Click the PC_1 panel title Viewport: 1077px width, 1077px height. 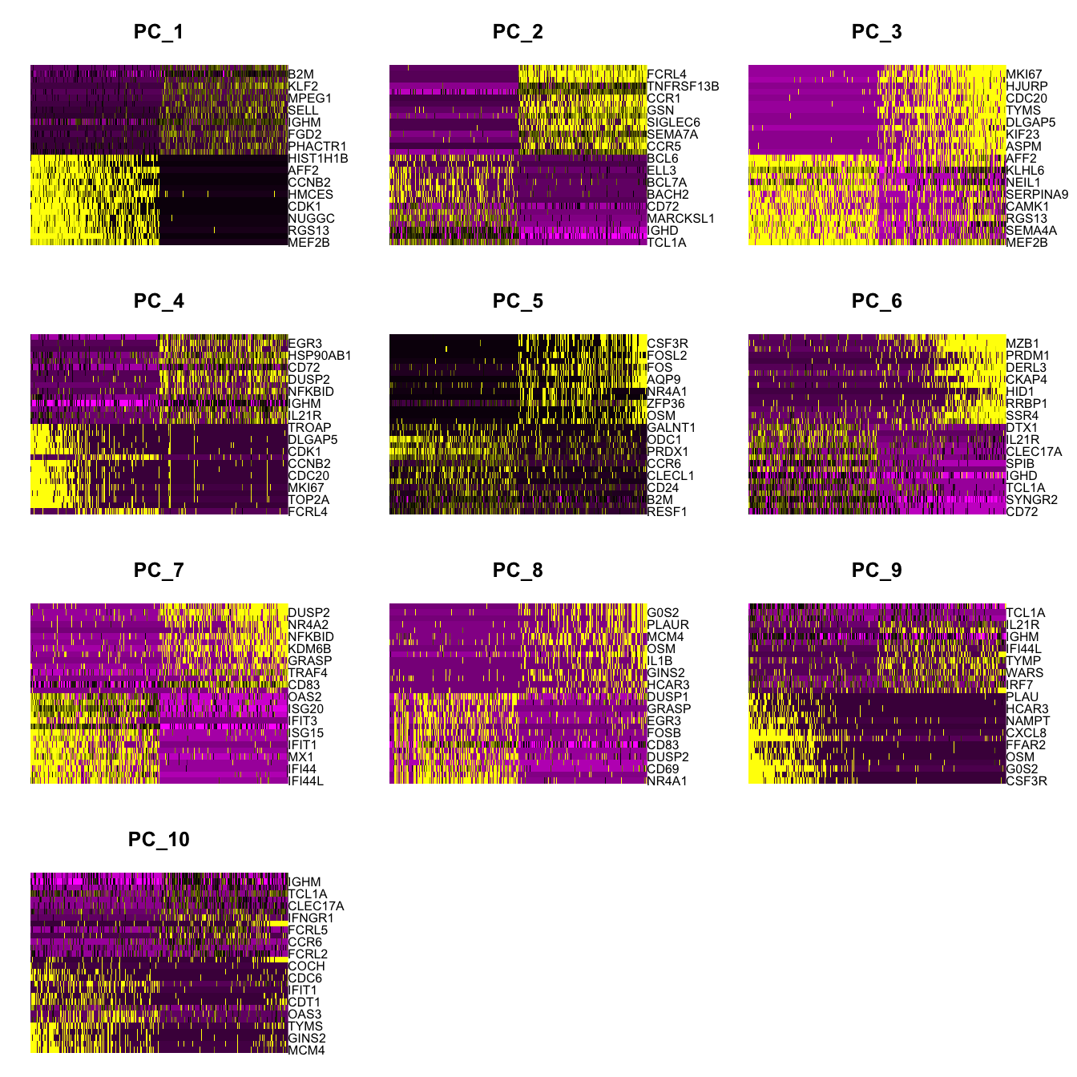click(x=159, y=32)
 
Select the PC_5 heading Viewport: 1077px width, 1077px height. click(x=518, y=301)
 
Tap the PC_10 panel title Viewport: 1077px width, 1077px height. click(x=159, y=840)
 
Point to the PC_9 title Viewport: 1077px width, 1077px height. click(x=877, y=571)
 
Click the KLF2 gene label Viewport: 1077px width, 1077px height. click(x=303, y=87)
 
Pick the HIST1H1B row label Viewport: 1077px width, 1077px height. click(x=318, y=159)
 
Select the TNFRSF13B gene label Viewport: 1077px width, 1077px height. click(x=683, y=87)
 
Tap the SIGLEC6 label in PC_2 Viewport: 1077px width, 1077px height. click(x=673, y=123)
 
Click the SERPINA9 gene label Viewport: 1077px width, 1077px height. click(x=1037, y=195)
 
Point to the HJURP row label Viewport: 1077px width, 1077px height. click(x=1027, y=87)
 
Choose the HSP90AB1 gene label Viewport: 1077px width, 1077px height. click(x=320, y=356)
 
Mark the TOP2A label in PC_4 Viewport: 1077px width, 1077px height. click(x=309, y=500)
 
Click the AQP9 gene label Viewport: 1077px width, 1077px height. click(x=664, y=380)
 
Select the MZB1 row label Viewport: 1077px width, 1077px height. click(x=1023, y=344)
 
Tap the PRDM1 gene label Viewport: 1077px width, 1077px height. click(x=1027, y=356)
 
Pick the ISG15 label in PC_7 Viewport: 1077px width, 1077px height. click(x=305, y=733)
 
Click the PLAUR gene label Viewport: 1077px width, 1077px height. click(x=668, y=625)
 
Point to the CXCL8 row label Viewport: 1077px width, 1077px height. click(x=1026, y=733)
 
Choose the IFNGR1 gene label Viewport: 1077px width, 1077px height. click(x=311, y=918)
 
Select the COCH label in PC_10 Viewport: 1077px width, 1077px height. click(x=306, y=966)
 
